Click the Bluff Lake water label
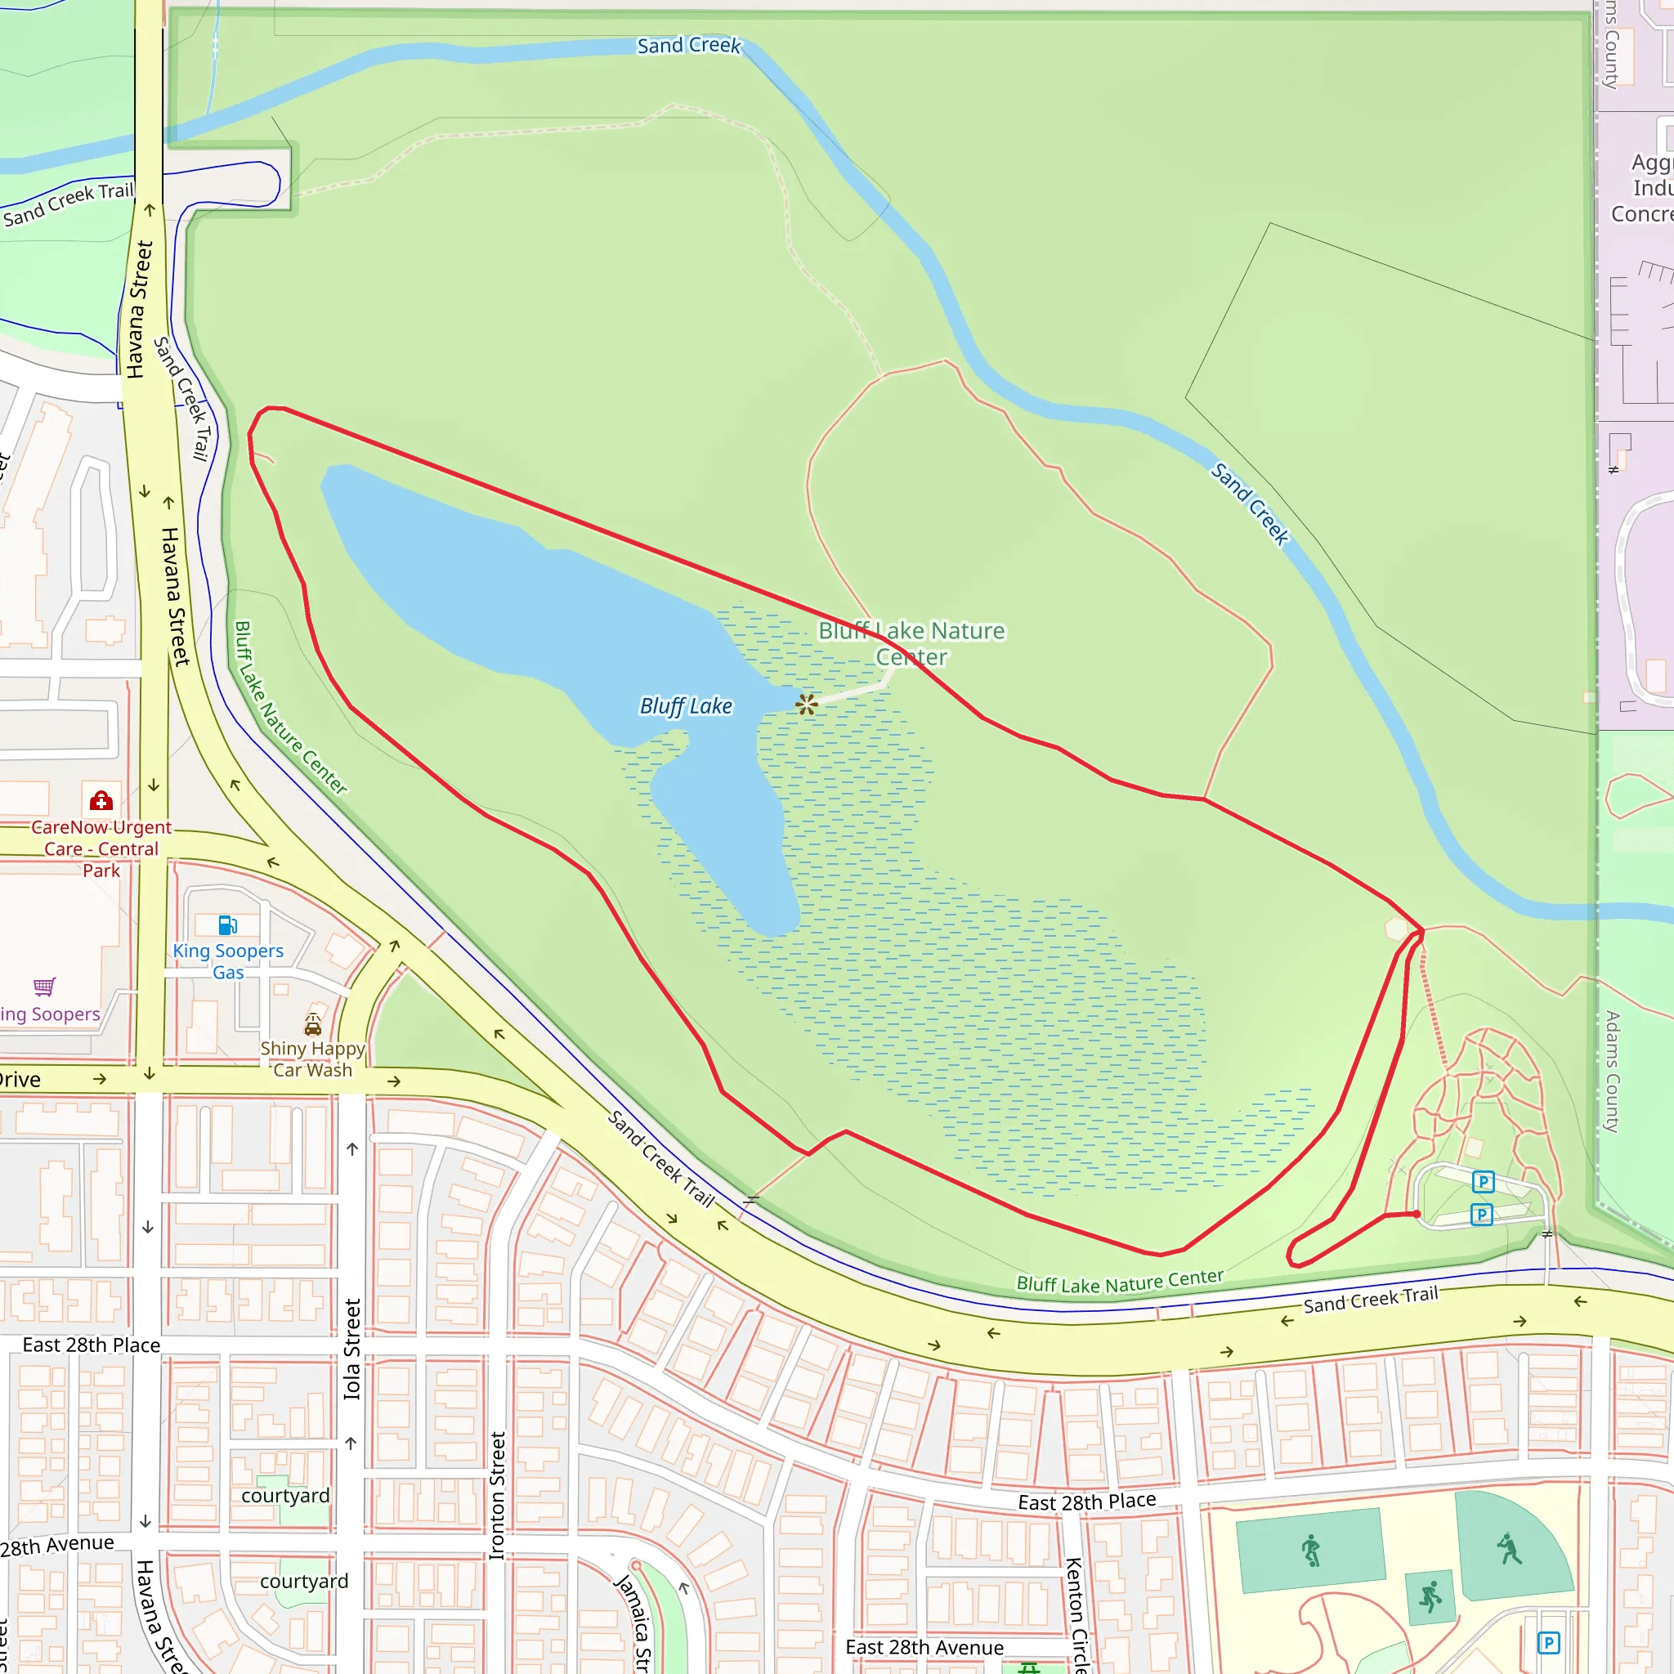[685, 706]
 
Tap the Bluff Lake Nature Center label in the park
[911, 643]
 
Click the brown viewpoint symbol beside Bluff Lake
[807, 705]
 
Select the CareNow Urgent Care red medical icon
[101, 799]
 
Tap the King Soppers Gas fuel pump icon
[227, 925]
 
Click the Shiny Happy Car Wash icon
[313, 1026]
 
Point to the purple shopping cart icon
[44, 986]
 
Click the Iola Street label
[351, 1349]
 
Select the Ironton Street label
[497, 1496]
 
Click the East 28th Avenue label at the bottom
[924, 1647]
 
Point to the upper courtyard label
[285, 1496]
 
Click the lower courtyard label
[304, 1582]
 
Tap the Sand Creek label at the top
[689, 45]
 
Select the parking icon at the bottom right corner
[1548, 1642]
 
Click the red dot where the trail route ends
[1417, 1214]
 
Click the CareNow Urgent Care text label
[101, 849]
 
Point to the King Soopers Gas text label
[228, 962]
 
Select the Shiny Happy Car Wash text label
[313, 1059]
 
